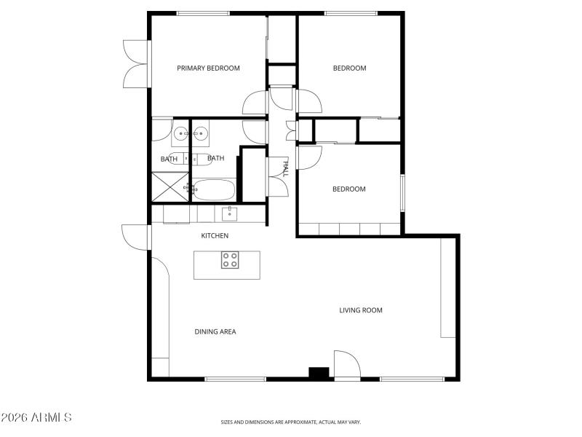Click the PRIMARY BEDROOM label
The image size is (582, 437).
[209, 68]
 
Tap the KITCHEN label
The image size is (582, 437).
[215, 236]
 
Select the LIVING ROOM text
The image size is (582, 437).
[361, 310]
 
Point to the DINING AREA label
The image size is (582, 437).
[215, 332]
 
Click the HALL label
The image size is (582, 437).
[284, 169]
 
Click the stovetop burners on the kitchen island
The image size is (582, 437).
[230, 260]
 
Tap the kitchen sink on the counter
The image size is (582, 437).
[229, 213]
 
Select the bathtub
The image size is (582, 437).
[215, 191]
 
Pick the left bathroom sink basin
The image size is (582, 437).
[180, 134]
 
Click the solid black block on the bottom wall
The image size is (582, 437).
[319, 373]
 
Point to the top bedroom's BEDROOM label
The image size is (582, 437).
[349, 68]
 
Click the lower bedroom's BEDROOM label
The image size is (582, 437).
[349, 189]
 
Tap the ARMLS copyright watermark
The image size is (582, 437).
[36, 418]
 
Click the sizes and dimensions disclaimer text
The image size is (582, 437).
[291, 422]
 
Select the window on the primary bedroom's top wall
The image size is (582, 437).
[203, 13]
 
